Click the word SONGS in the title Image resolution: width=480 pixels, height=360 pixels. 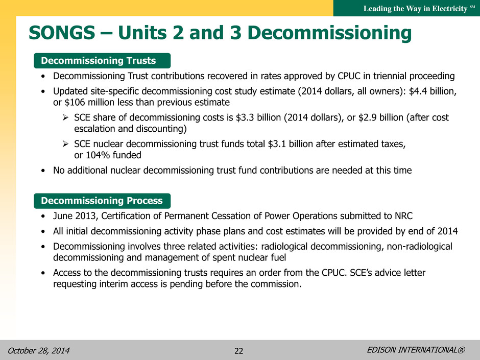pos(62,33)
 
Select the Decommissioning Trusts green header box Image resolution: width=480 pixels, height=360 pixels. pos(102,61)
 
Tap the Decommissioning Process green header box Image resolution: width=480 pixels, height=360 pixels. pos(102,201)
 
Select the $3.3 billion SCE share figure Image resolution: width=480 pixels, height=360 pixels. pos(258,117)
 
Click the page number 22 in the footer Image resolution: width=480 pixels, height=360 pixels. pos(239,351)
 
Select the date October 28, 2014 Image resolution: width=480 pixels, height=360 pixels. pos(39,350)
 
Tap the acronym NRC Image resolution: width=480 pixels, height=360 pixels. pos(403,216)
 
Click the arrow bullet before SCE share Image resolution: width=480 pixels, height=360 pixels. pos(65,117)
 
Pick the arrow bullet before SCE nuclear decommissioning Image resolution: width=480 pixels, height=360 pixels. pos(65,143)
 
